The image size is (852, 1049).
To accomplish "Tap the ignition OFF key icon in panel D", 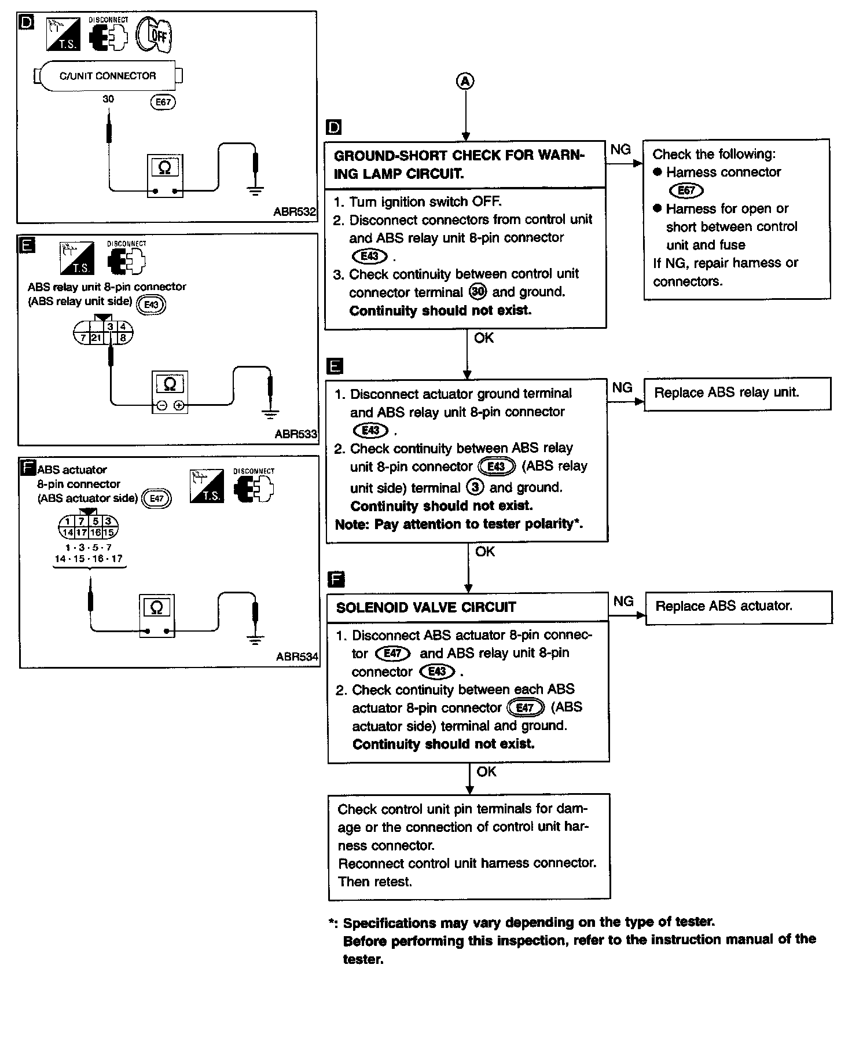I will coord(154,34).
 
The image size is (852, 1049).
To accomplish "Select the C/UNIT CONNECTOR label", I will coord(108,76).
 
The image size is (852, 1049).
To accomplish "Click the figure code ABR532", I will coord(295,212).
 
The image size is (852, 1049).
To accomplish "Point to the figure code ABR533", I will coord(296,434).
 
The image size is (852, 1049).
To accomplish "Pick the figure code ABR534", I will coord(297,656).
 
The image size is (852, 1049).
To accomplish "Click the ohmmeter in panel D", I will coord(165,176).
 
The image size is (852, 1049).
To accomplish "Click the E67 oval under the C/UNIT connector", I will coord(163,102).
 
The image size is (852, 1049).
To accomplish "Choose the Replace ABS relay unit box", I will coord(737,394).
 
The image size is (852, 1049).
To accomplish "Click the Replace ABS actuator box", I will coord(738,607).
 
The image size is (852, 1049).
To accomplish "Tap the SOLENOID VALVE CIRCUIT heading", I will coord(426,607).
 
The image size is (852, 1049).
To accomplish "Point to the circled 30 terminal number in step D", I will coord(478,292).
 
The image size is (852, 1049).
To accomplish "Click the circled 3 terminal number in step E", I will coord(475,487).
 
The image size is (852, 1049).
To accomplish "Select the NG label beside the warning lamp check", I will coord(620,150).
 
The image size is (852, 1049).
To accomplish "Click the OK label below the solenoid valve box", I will coord(486,772).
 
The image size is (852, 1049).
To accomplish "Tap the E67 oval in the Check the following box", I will coord(686,190).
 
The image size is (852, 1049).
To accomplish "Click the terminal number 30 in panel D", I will coord(108,99).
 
